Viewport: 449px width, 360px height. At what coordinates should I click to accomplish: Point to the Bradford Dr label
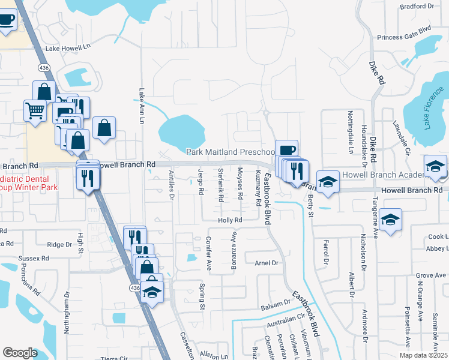(417, 6)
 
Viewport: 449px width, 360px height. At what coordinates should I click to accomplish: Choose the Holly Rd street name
(230, 220)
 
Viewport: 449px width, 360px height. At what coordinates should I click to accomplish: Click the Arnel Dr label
(267, 263)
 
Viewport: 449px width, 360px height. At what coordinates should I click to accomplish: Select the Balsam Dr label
(276, 307)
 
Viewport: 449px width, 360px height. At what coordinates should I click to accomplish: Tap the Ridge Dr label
(59, 244)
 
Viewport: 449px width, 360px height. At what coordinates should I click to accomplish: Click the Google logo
(20, 353)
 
